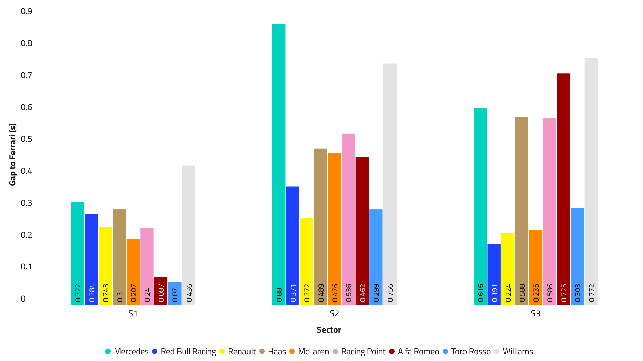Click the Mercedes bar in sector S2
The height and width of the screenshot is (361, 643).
(279, 164)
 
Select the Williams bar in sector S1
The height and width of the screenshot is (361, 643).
(189, 234)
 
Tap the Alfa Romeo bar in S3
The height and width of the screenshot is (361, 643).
(563, 189)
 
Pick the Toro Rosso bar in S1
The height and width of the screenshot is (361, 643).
(175, 293)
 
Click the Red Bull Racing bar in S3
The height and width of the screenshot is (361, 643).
(494, 274)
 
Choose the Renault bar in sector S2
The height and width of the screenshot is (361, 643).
(306, 261)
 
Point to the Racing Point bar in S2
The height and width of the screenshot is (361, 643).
(348, 219)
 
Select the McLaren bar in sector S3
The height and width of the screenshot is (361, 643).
(535, 267)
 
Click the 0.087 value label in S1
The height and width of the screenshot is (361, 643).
(161, 293)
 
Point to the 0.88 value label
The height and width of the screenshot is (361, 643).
(279, 295)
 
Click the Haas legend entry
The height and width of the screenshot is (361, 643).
(273, 352)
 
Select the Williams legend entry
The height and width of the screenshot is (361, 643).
(514, 352)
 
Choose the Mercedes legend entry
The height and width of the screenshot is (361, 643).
(127, 352)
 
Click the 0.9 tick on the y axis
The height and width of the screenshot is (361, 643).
(26, 11)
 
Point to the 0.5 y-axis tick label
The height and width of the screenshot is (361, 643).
(26, 139)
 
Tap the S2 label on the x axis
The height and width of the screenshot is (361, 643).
(334, 314)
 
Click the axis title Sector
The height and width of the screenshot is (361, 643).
(329, 330)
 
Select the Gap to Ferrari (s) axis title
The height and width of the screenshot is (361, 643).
(13, 154)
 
